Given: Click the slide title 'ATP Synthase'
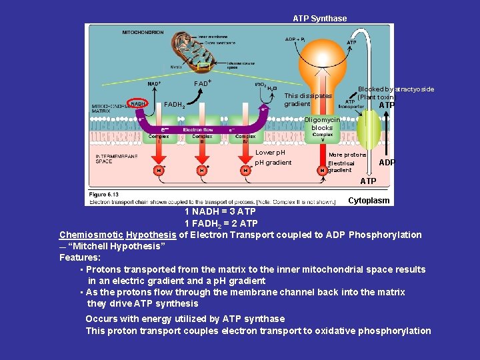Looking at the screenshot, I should click(x=319, y=19).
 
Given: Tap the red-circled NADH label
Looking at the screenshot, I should click(x=137, y=104).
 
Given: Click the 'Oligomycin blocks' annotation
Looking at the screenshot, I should click(x=322, y=123).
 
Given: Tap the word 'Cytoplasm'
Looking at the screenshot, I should click(x=369, y=201).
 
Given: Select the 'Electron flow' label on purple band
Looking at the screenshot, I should click(x=198, y=129).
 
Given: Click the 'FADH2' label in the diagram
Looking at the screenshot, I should click(x=175, y=105).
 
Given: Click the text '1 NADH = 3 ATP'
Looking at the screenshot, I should click(x=220, y=212).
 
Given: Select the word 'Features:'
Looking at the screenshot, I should click(x=80, y=257).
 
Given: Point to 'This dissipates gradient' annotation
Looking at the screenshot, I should click(x=307, y=99).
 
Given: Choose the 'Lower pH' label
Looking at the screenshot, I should click(x=270, y=153).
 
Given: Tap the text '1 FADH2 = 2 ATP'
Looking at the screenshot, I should click(x=221, y=223).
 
